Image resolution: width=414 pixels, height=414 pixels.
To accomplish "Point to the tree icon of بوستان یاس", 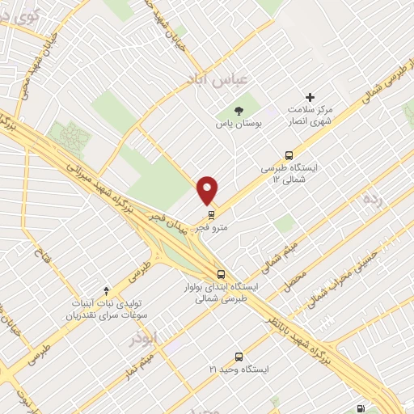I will click(238, 111).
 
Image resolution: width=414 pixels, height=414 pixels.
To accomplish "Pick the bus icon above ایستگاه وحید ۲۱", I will click(239, 356).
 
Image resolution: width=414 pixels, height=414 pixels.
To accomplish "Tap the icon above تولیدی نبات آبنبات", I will click(106, 289).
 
